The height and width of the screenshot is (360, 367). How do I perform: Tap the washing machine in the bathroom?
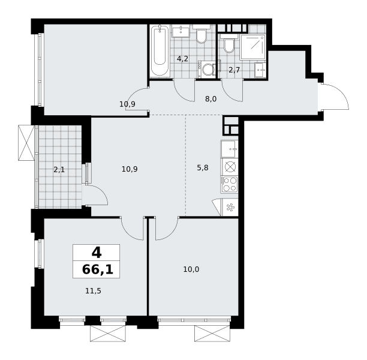[x=206, y=70]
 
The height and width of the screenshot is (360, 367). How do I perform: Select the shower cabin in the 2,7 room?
[x=252, y=47]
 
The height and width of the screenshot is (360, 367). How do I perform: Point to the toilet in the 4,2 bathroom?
[x=201, y=34]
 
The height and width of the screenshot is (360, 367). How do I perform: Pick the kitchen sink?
[x=229, y=149]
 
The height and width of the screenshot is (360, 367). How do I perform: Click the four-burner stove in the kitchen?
[x=229, y=184]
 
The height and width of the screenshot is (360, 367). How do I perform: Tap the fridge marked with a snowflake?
[x=230, y=207]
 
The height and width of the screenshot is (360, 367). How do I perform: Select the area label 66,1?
[x=98, y=269]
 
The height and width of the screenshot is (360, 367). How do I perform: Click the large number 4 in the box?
[x=97, y=253]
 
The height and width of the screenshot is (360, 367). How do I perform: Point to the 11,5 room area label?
[x=93, y=291]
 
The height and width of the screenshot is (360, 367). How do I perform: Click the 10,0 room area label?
[x=191, y=269]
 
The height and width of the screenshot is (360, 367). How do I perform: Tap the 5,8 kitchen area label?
[x=203, y=168]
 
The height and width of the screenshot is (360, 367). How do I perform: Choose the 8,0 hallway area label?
[x=211, y=99]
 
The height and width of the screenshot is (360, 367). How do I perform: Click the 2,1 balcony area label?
[x=59, y=170]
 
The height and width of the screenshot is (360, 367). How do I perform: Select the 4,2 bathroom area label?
[x=182, y=59]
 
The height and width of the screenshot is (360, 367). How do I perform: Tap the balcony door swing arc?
[x=101, y=191]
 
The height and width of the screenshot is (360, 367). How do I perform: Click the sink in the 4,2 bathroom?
[x=181, y=31]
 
